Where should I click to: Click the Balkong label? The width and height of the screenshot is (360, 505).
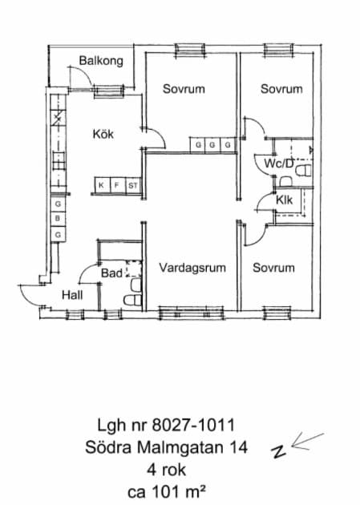point(101,61)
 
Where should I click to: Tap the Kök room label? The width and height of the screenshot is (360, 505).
point(103,134)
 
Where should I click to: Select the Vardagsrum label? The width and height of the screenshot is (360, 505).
point(192,268)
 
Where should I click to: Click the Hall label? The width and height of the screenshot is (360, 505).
point(72,295)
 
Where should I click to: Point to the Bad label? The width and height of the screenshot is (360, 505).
point(111,273)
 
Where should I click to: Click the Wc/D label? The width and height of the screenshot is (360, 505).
point(279,164)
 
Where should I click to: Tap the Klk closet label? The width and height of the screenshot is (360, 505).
point(284,200)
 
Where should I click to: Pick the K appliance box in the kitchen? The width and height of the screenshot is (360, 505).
point(102,185)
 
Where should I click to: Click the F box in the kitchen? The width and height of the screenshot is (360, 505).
point(117,185)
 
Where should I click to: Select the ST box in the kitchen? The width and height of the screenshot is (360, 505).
point(132,185)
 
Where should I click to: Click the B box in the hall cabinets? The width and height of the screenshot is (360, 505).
point(58,218)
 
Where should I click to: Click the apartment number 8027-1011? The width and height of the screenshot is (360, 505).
point(193,425)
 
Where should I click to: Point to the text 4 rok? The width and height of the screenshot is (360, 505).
point(167,470)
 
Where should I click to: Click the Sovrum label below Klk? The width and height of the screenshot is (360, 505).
point(273,268)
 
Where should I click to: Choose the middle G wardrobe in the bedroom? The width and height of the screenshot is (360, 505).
point(212,145)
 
